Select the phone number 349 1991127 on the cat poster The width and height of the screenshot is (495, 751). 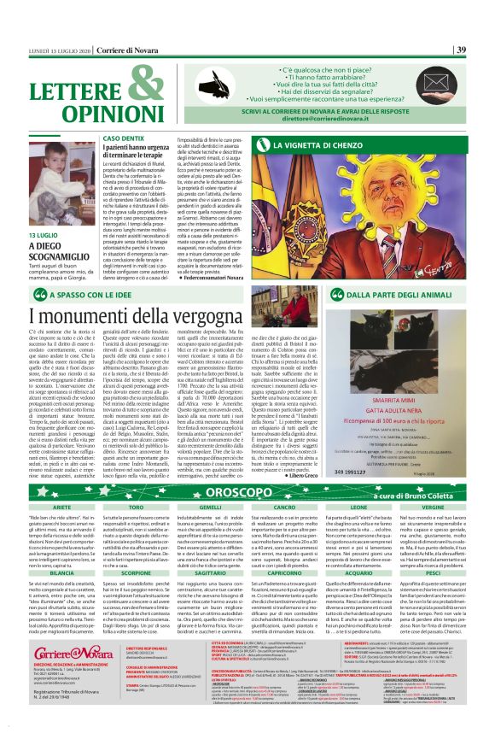(x=376, y=420)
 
